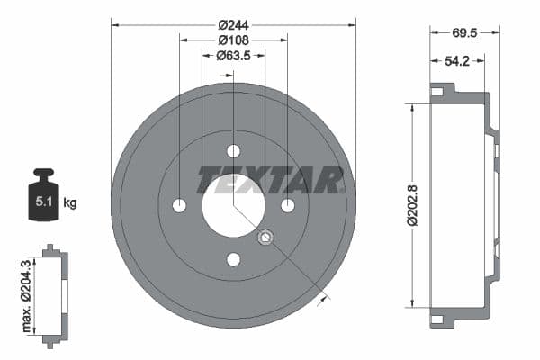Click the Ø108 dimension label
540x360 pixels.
(233, 40)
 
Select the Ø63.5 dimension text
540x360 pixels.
(233, 56)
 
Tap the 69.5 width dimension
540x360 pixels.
(464, 32)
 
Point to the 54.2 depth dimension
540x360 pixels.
(457, 62)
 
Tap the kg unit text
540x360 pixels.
(70, 202)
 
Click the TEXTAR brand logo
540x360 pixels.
(271, 179)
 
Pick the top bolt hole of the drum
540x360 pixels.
(233, 151)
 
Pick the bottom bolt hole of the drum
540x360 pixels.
(233, 260)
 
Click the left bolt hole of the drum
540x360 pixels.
(179, 205)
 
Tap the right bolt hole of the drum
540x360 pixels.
(288, 205)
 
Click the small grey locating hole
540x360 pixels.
(265, 238)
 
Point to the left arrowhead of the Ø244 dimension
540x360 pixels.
(115, 24)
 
